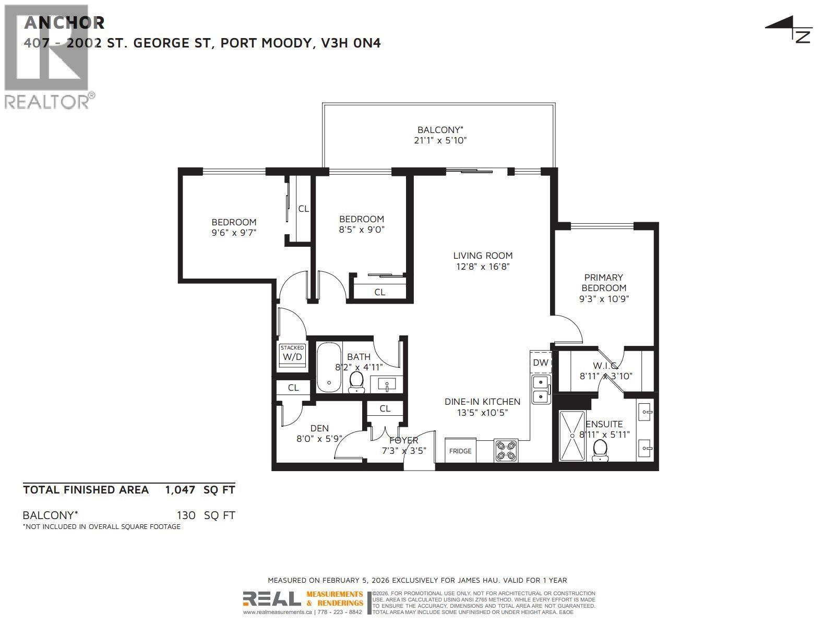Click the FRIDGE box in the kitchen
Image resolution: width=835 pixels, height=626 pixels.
coord(460,450)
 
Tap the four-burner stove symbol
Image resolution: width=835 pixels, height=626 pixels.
coord(506,451)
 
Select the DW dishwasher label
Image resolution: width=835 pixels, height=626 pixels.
coord(541,363)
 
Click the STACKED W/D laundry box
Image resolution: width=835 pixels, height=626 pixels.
coord(292,354)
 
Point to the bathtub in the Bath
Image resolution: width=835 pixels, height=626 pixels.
coord(329,368)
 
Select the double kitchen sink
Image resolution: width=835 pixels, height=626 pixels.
coord(541,390)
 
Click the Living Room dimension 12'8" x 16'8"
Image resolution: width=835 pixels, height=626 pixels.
coord(483,267)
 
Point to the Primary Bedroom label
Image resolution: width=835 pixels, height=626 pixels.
coord(604,283)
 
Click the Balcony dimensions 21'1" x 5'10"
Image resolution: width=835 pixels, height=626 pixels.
coord(440,140)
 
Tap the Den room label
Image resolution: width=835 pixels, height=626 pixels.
coord(319,428)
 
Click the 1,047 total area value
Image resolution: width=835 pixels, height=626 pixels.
coord(180,490)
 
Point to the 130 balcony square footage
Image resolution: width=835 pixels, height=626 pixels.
coord(186,515)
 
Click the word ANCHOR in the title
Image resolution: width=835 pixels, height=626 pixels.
coord(64,22)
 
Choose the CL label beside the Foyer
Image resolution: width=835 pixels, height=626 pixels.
coord(385,408)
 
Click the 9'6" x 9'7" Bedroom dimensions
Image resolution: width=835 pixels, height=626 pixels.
coord(234,233)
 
